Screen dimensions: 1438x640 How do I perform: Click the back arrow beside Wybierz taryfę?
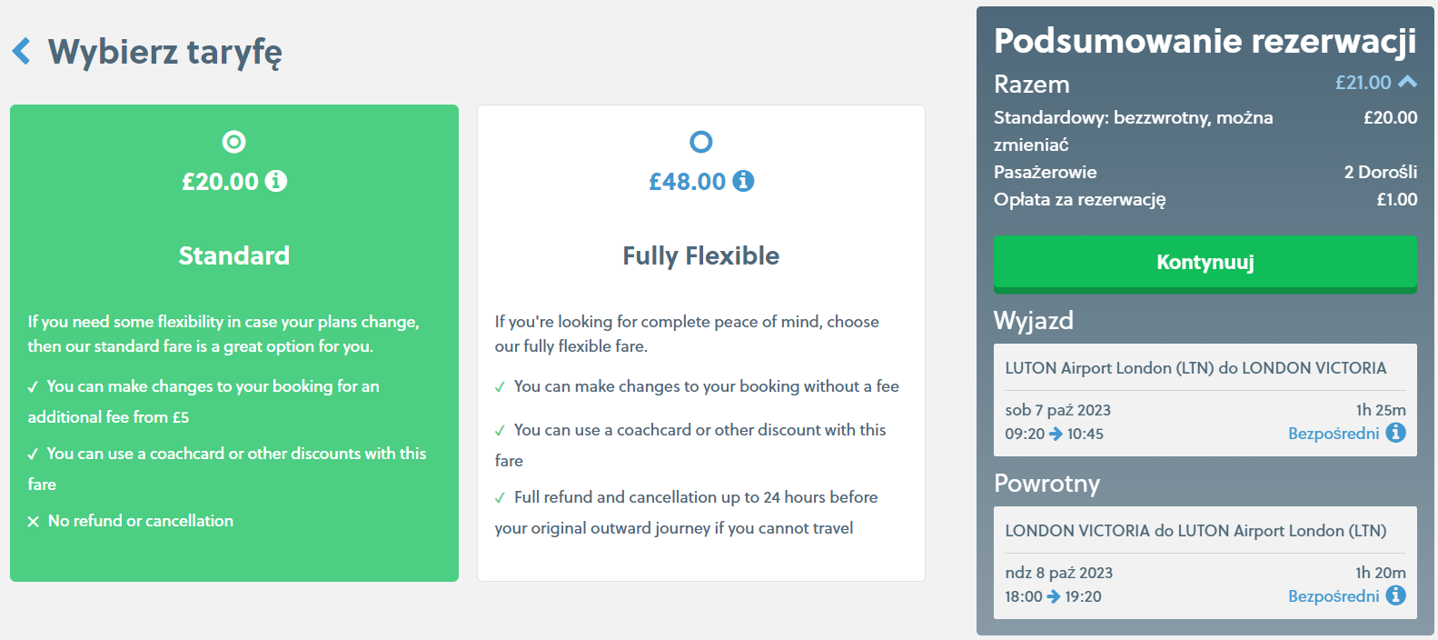(21, 51)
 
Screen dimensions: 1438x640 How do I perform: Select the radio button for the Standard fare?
(233, 142)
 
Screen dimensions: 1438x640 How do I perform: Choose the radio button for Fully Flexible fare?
(700, 142)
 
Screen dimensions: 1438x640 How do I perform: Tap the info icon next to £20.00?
(277, 181)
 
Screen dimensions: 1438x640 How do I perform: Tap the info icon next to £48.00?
(743, 181)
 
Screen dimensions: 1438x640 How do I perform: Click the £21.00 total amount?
(1363, 83)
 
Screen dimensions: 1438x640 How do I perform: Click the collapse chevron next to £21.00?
(1407, 82)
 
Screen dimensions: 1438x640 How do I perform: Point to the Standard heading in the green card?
(233, 255)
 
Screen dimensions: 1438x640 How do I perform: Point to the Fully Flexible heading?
(700, 255)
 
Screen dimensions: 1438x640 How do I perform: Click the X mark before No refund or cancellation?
(34, 521)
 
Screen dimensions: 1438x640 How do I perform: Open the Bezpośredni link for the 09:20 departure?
(1334, 434)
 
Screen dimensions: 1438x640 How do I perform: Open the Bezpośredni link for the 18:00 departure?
(1334, 596)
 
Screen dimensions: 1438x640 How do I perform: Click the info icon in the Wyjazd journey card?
(1395, 433)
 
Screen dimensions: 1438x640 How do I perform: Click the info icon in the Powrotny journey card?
(1395, 595)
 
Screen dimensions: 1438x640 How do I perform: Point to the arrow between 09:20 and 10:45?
(1056, 435)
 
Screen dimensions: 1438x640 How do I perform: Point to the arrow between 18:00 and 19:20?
(1054, 597)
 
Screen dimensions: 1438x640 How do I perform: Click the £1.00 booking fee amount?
(1396, 200)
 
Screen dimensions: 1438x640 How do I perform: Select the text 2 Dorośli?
(1380, 172)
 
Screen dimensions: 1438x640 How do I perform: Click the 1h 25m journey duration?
(1380, 410)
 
